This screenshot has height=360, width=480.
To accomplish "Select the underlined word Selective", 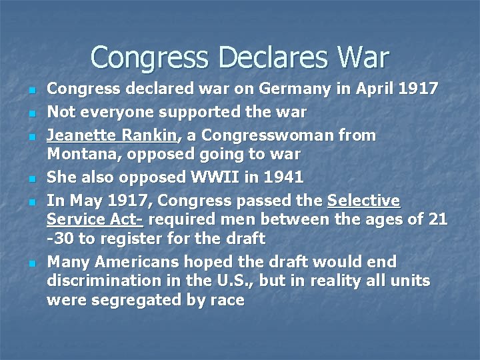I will (x=363, y=201).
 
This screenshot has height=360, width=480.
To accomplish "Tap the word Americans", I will (x=133, y=261).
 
